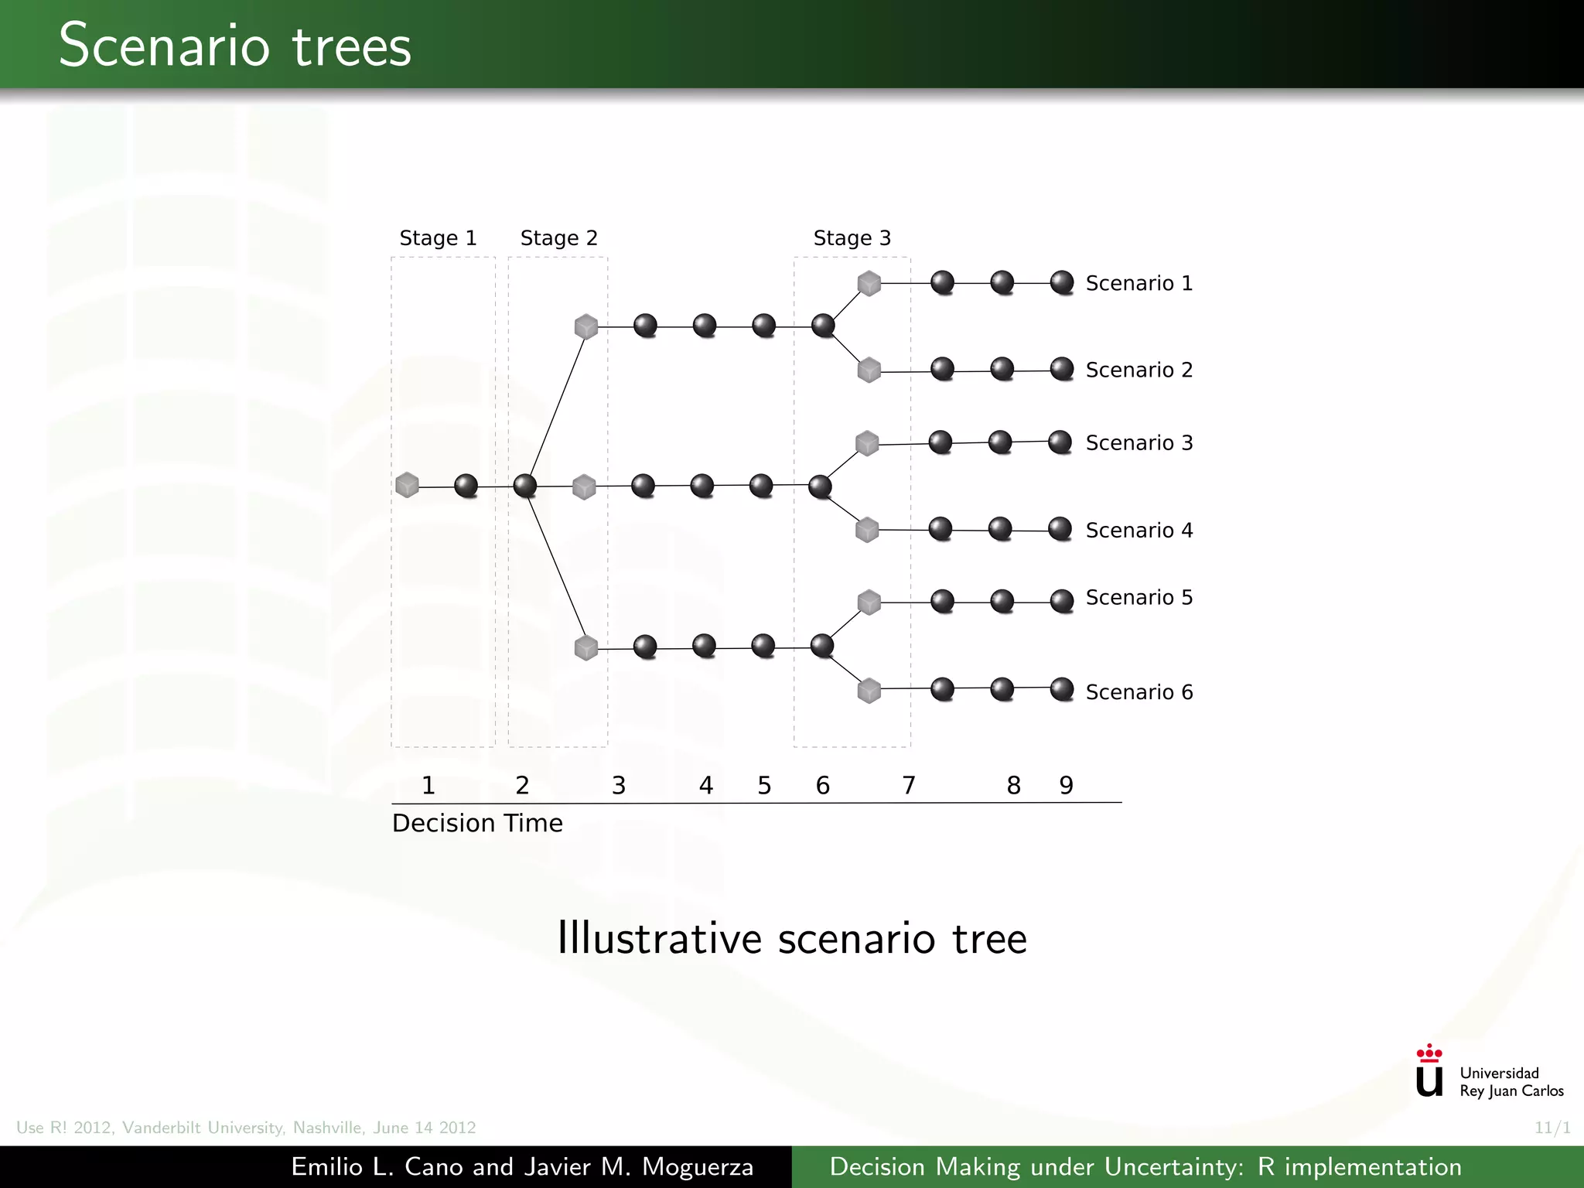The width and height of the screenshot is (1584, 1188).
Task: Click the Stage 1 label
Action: [x=438, y=238]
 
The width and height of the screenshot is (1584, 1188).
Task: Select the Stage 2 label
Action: [x=558, y=238]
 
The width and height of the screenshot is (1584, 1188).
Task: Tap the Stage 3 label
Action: [x=852, y=238]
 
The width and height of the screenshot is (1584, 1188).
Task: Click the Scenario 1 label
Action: [x=1138, y=284]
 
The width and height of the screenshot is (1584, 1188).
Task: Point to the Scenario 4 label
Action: [x=1138, y=531]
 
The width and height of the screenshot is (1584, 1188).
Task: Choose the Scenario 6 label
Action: [x=1138, y=692]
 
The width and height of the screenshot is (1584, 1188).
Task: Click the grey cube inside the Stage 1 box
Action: [x=407, y=485]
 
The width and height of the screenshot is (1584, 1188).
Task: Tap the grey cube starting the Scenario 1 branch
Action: [x=869, y=283]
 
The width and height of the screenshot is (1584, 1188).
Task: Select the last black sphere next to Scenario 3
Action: [x=1060, y=442]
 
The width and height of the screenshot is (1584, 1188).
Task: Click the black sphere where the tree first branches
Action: [x=525, y=486]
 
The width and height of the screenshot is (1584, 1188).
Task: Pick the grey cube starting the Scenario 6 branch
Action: [x=869, y=690]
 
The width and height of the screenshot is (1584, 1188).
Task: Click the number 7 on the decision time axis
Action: [x=909, y=786]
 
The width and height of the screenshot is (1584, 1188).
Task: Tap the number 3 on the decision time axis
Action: [x=619, y=786]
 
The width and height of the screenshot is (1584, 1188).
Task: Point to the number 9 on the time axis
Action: [x=1066, y=786]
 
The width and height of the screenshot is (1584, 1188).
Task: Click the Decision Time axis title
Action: [x=477, y=823]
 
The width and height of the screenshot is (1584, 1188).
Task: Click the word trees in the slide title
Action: [x=351, y=46]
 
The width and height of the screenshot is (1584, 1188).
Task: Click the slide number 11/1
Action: [x=1552, y=1128]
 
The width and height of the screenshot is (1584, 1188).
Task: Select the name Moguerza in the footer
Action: [x=698, y=1166]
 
